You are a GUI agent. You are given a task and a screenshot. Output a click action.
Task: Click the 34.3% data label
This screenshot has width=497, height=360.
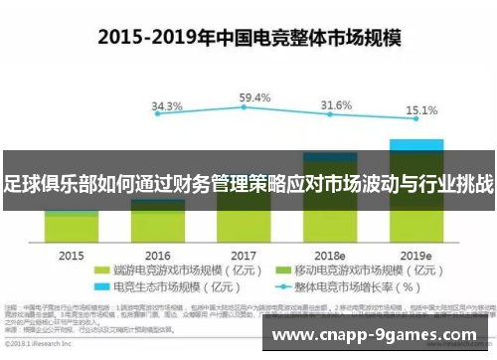click(x=167, y=105)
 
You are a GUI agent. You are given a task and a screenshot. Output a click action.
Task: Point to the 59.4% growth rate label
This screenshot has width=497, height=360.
click(x=255, y=97)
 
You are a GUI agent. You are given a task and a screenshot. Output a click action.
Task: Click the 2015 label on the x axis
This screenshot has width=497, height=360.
click(x=72, y=254)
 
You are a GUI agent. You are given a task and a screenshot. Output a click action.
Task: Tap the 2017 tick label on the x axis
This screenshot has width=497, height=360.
click(x=245, y=254)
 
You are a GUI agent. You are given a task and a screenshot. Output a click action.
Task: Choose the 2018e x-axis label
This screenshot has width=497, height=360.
click(x=330, y=254)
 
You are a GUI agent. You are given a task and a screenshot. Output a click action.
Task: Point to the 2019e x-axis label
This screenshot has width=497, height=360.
click(x=416, y=254)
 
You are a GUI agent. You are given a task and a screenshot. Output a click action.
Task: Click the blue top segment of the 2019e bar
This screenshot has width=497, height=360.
click(x=416, y=144)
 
